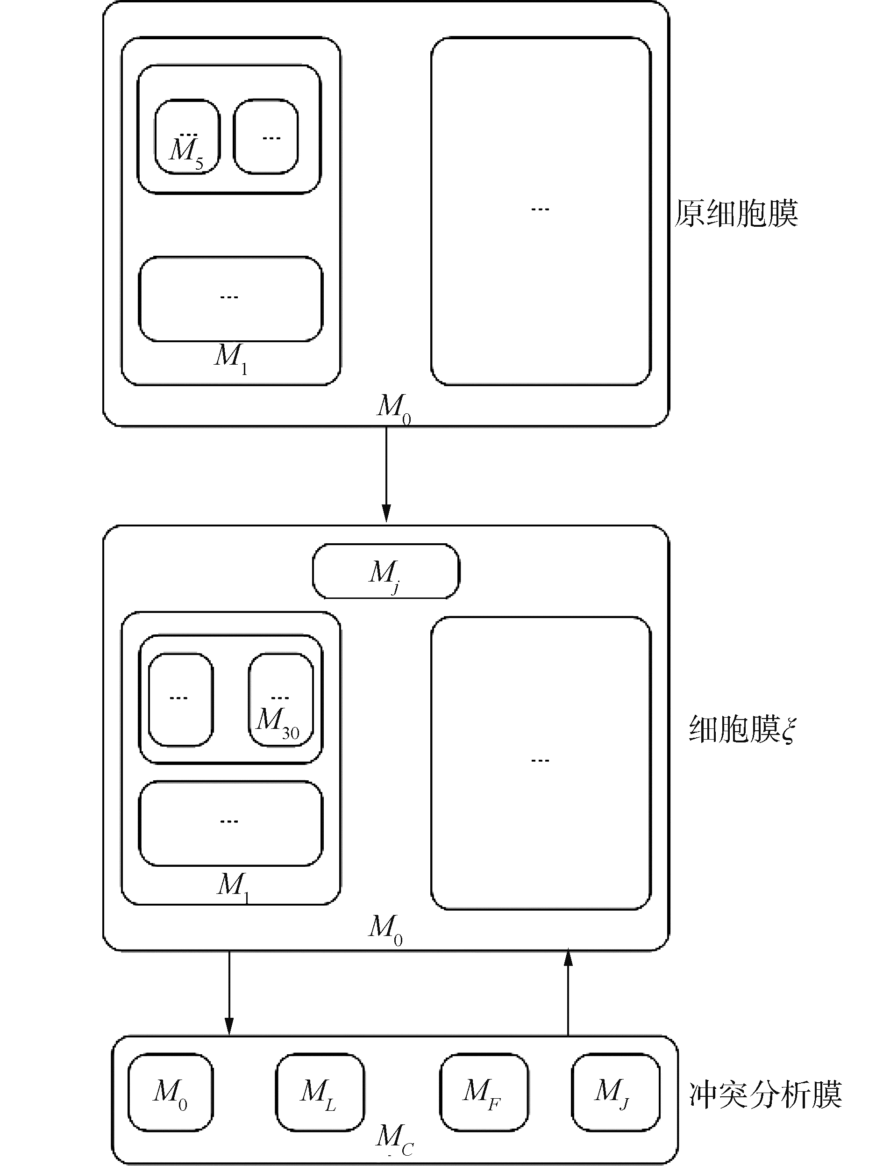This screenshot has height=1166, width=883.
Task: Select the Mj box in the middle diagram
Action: pyautogui.click(x=385, y=572)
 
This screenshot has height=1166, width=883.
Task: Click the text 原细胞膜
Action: pyautogui.click(x=737, y=214)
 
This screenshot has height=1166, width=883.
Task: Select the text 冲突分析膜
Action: pyautogui.click(x=765, y=1094)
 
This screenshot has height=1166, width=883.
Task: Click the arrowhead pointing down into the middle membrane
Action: pyautogui.click(x=386, y=513)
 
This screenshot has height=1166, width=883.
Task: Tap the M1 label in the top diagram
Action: pyautogui.click(x=231, y=357)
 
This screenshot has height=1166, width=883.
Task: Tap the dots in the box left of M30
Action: pyautogui.click(x=178, y=698)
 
